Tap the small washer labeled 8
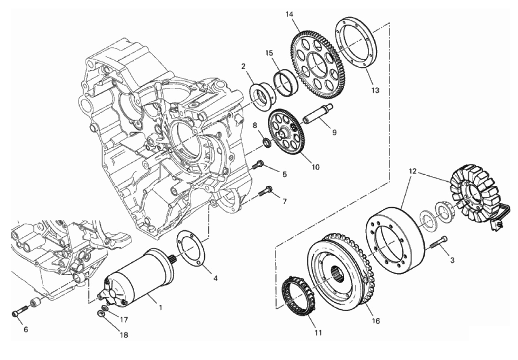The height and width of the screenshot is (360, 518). (x=267, y=142)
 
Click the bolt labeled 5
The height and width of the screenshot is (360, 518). (x=259, y=164)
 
